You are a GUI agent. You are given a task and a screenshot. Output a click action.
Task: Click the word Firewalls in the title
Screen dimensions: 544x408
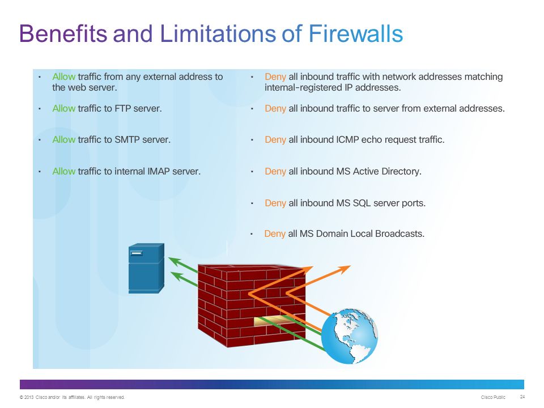[x=356, y=33]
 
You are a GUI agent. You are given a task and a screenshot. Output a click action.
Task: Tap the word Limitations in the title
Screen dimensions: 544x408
[x=218, y=33]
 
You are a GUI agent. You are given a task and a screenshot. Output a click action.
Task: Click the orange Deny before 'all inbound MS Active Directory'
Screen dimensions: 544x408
[x=275, y=172]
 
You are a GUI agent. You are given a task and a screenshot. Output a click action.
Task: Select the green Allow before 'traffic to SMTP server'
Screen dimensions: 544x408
[x=64, y=140]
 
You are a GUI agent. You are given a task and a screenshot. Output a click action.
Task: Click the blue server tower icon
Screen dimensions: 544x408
[x=146, y=268]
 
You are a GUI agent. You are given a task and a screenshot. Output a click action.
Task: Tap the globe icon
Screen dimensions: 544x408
[x=350, y=336]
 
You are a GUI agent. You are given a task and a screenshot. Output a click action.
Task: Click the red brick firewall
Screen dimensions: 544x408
[x=252, y=305]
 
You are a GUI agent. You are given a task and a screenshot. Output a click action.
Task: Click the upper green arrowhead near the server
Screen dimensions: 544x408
[x=175, y=262]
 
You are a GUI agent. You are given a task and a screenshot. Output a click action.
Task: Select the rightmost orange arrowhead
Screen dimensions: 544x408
[x=344, y=269]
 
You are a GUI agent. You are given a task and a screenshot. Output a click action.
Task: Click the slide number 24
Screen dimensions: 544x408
[x=522, y=397]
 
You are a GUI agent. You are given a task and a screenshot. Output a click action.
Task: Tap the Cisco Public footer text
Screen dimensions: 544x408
[x=493, y=397]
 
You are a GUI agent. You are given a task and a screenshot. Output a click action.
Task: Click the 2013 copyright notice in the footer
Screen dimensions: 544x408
[x=72, y=397]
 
